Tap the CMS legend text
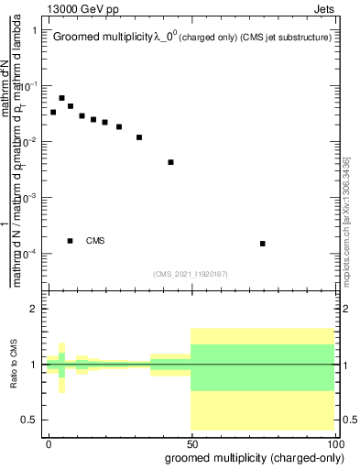coord(95,241)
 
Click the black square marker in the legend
coord(71,241)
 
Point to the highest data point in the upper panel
coord(61,98)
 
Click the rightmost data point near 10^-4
coord(263,244)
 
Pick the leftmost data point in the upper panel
coord(53,112)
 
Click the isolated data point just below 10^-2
coord(171,162)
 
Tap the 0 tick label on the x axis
coord(49,442)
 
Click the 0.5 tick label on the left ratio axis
coord(33,420)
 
